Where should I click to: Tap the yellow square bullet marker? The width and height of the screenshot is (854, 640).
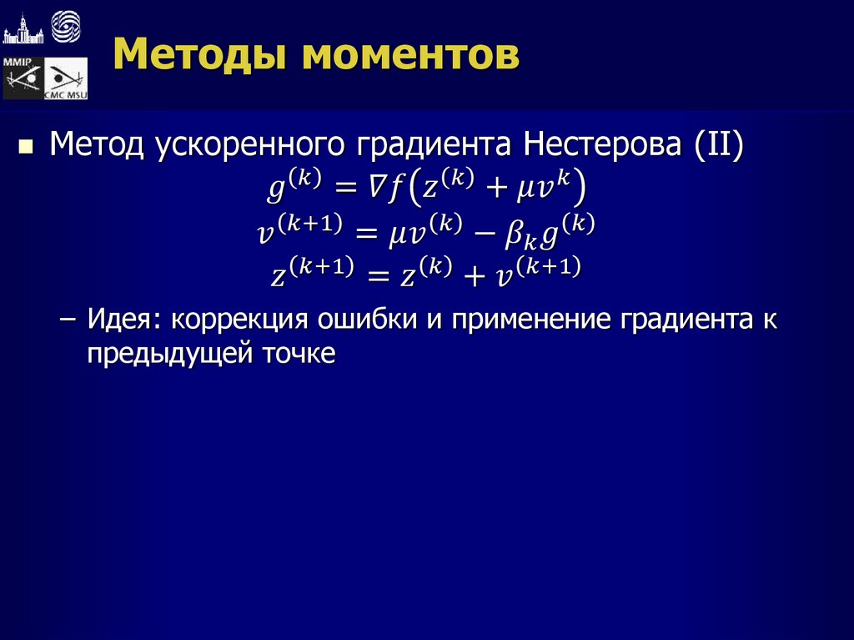tap(26, 148)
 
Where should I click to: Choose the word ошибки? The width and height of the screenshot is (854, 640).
tap(368, 321)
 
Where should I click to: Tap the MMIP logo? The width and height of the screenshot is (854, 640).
tap(23, 78)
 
